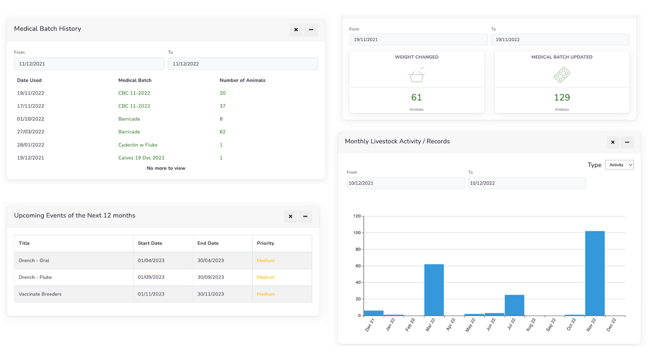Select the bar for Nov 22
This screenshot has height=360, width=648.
point(595,273)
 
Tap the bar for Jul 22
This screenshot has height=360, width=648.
point(514,305)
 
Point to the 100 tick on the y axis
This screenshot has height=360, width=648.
point(357,233)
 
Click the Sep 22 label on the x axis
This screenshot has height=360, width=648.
point(550,324)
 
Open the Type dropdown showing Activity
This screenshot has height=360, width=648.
point(619,165)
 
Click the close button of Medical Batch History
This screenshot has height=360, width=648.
point(296,30)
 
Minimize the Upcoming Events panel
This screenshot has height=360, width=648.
point(305,217)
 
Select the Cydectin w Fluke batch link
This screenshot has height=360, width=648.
point(138,145)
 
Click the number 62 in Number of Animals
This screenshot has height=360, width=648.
point(222,132)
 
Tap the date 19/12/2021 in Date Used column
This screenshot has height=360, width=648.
point(30,158)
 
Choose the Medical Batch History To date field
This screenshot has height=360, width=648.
point(243,64)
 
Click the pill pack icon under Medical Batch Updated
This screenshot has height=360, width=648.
point(561,75)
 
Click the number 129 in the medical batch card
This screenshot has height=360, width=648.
point(562,97)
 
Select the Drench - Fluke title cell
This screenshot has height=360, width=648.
point(35,277)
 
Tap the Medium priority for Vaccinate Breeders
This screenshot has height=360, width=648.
point(265,294)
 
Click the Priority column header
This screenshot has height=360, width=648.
point(265,243)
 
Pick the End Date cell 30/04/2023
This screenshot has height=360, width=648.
point(210,260)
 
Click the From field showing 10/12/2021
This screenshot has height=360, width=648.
point(405,183)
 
